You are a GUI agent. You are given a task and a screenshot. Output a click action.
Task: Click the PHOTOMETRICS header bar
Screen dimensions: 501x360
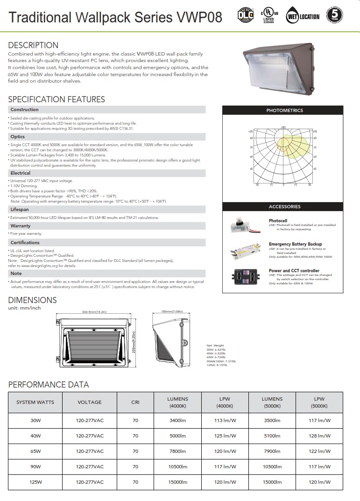[284, 111]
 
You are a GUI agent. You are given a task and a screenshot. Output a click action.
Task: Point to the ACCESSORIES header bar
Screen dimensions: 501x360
[284, 206]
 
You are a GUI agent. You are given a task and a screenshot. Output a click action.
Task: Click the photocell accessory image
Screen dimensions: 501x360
[246, 225]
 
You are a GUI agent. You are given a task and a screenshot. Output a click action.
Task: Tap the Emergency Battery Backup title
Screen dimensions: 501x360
[295, 244]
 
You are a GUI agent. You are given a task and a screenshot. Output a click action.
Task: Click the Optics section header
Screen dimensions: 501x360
[18, 137]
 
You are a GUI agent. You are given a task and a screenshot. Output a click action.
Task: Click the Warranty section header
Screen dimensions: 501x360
[20, 226]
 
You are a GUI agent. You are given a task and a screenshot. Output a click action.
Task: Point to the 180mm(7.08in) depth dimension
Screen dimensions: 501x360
[171, 311]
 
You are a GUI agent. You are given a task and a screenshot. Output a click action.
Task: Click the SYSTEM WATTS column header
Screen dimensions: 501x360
[35, 402]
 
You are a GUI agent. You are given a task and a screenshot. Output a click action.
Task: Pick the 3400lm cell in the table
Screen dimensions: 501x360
[177, 421]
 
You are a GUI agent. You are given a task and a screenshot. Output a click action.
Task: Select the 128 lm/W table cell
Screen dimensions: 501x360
[320, 436]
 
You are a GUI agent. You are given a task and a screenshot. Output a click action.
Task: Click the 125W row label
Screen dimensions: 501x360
[35, 482]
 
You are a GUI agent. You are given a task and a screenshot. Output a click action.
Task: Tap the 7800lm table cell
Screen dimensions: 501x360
[177, 452]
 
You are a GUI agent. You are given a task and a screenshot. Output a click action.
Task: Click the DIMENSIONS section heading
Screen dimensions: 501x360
[33, 300]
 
